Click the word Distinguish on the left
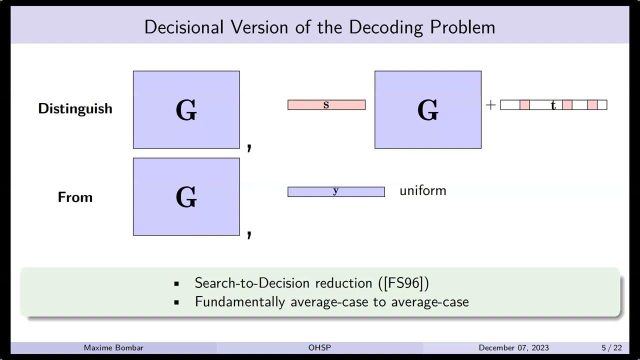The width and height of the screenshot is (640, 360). (x=75, y=108)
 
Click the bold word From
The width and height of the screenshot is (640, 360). (x=75, y=197)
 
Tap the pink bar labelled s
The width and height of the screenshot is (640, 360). (x=326, y=105)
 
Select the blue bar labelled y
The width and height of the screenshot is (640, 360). (x=336, y=191)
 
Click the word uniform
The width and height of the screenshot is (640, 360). (x=422, y=190)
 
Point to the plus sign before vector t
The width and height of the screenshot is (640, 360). (x=490, y=105)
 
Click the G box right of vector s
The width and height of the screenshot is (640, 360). (x=428, y=109)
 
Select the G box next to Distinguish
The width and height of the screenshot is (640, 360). (x=186, y=109)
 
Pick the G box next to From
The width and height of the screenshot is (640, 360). (x=186, y=196)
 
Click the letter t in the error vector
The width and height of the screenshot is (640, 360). (x=553, y=105)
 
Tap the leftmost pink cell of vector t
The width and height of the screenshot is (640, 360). (x=524, y=105)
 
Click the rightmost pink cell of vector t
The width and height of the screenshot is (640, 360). (x=592, y=105)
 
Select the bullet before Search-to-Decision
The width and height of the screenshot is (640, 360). (x=176, y=283)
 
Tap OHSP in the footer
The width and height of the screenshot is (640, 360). (x=320, y=347)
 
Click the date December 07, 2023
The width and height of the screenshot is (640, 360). (x=513, y=347)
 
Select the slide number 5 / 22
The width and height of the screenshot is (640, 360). (x=611, y=347)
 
